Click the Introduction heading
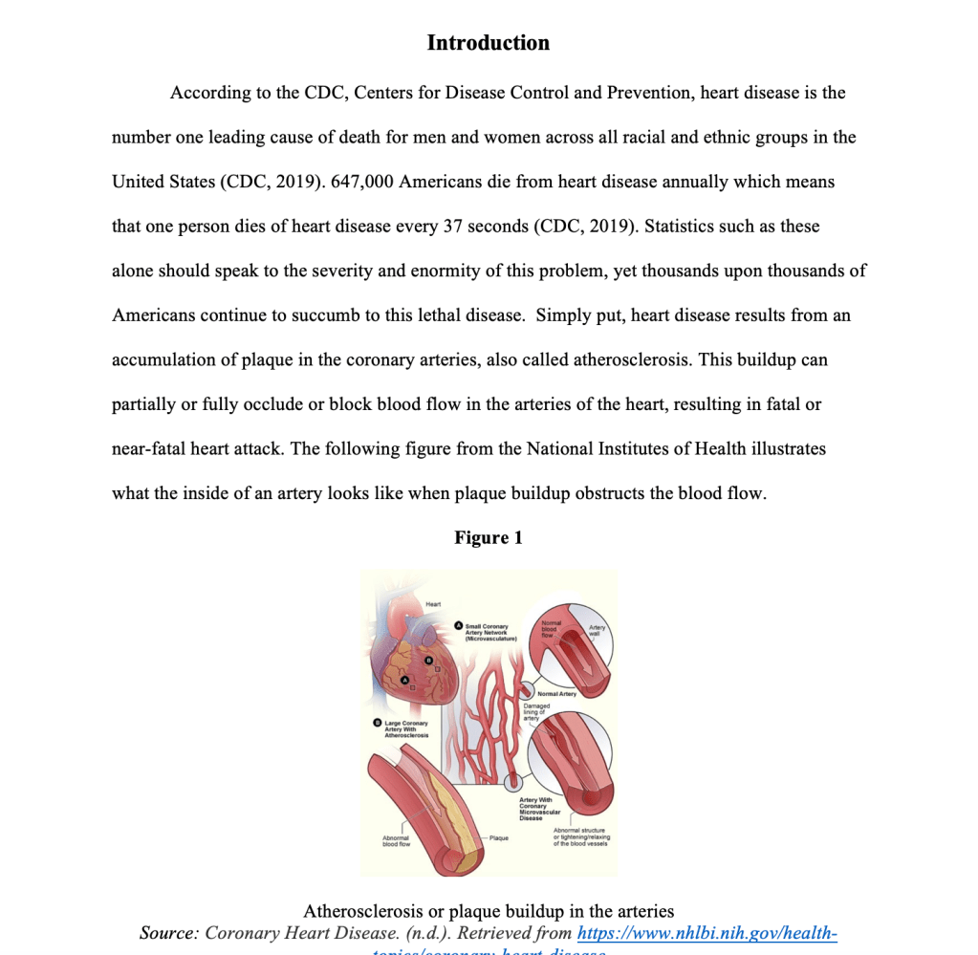click(488, 43)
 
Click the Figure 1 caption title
click(488, 537)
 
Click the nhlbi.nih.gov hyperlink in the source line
click(707, 933)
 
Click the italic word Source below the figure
click(167, 933)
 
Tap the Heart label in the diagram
click(433, 604)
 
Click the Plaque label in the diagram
click(498, 837)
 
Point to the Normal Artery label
click(557, 694)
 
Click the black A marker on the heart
click(403, 678)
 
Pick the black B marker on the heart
click(428, 660)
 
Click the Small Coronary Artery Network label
click(489, 632)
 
